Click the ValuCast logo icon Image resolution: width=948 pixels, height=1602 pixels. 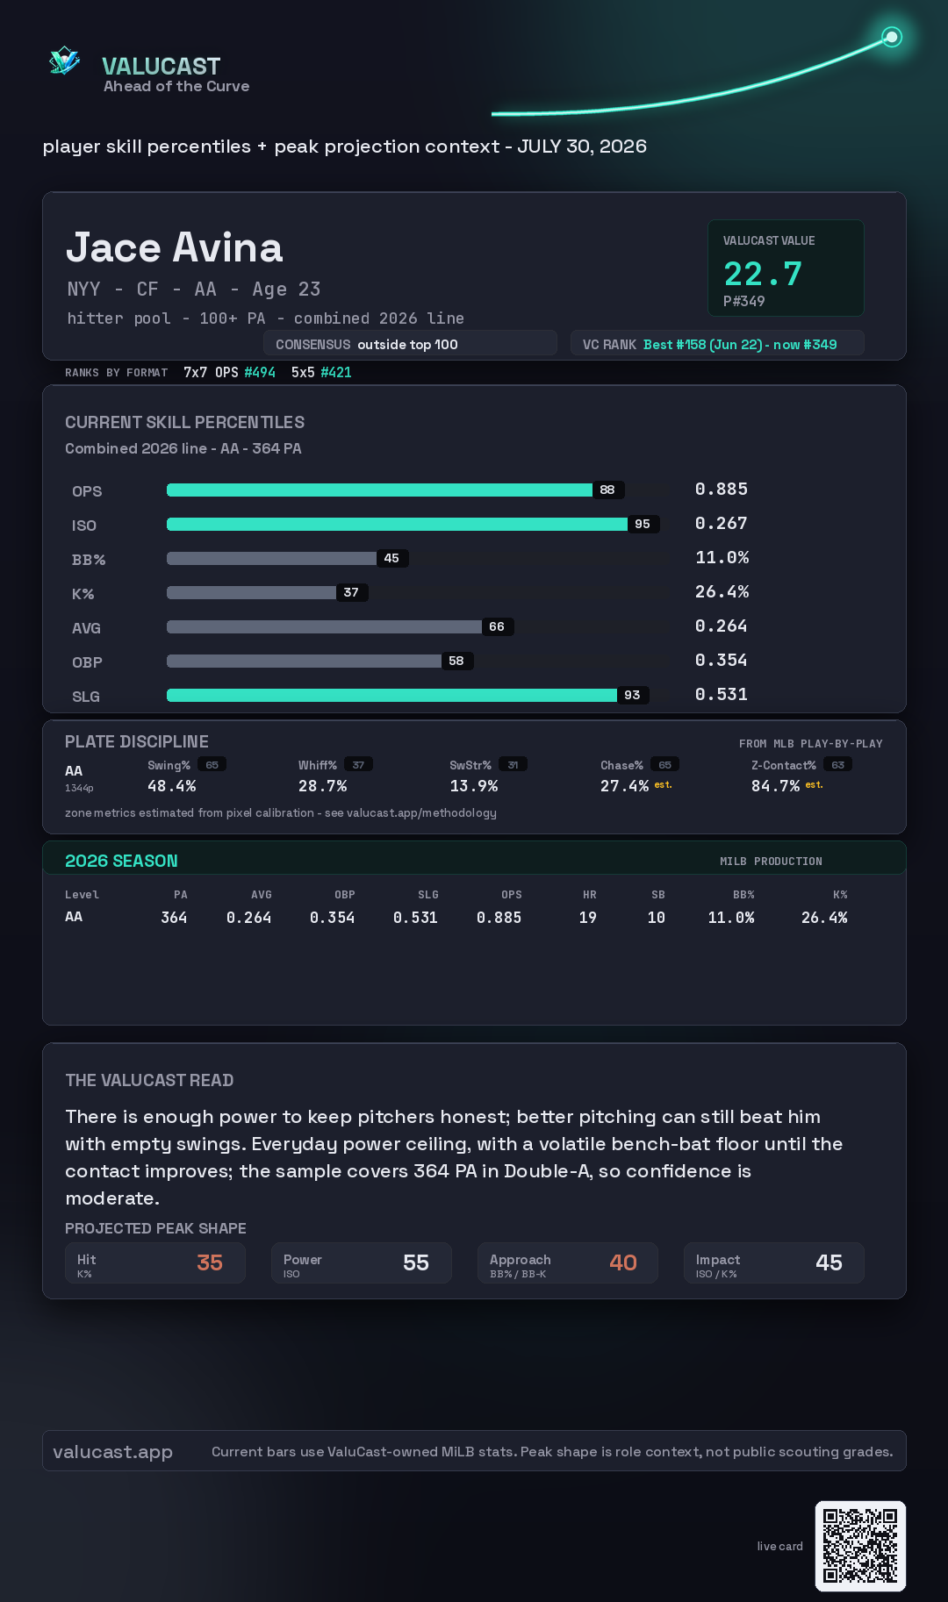64,61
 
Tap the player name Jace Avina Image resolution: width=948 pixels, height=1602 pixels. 175,247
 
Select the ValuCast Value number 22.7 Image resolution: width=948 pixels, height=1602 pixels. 763,274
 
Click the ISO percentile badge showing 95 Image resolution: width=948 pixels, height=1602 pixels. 643,524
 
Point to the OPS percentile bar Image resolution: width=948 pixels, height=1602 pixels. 379,490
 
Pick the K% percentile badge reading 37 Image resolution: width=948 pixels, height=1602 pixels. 351,592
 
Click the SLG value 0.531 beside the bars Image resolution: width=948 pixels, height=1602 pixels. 722,694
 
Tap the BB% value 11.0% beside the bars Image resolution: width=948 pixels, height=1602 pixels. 722,557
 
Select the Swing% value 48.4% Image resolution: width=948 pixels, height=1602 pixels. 172,786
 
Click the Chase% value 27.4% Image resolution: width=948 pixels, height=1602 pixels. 624,786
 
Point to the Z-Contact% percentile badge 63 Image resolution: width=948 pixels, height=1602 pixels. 838,765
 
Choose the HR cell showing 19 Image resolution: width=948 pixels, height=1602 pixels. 588,918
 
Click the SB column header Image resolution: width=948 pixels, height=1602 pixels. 658,895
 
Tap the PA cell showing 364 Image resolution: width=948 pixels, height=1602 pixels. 174,918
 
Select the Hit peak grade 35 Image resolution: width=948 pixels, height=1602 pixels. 210,1262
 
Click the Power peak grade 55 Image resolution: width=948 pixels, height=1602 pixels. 416,1262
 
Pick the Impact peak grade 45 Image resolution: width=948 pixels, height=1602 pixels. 829,1262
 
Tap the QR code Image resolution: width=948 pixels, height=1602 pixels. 860,1546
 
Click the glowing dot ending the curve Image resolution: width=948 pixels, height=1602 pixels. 892,37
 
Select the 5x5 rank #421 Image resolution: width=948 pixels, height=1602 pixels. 336,372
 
